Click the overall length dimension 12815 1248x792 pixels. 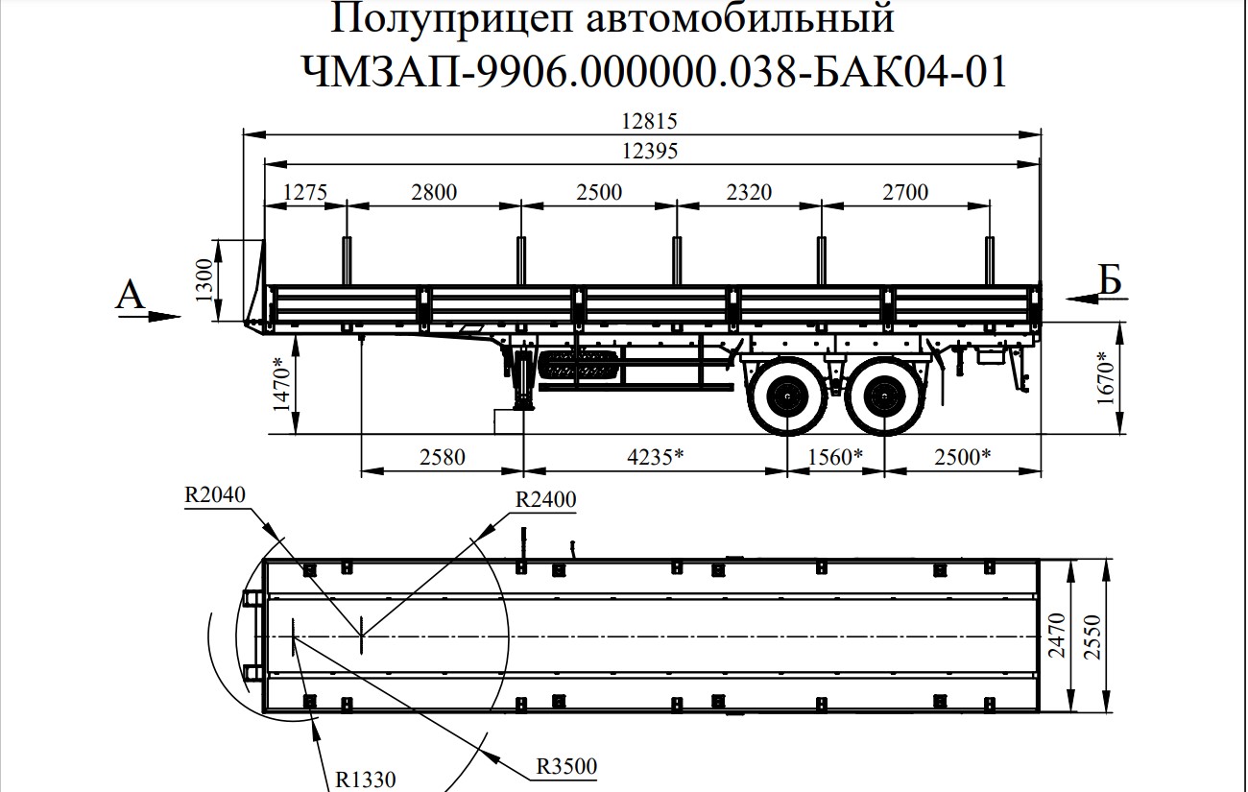650,122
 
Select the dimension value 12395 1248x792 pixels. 650,151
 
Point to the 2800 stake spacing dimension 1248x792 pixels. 434,192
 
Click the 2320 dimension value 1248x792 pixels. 749,192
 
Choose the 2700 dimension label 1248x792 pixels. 905,192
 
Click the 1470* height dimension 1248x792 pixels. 279,384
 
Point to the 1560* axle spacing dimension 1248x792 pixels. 833,457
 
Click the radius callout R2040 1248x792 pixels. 216,495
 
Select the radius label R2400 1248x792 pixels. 546,499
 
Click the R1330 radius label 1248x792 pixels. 366,779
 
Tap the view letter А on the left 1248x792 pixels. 130,295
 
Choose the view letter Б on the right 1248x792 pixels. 1111,279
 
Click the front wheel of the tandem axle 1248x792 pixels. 787,395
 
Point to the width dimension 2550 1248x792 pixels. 1108,635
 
